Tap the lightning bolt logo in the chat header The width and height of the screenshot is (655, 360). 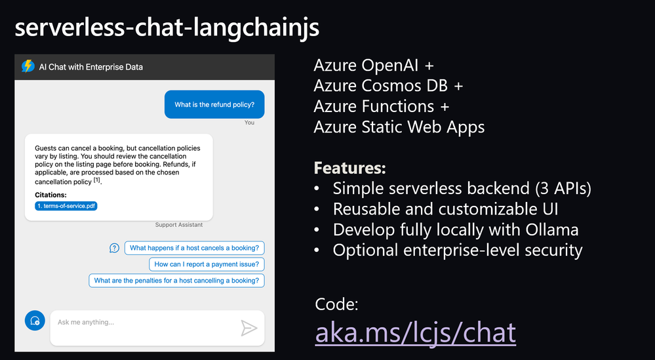point(28,66)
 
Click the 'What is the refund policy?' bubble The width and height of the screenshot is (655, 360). point(214,104)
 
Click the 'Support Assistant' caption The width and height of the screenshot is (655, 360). point(178,225)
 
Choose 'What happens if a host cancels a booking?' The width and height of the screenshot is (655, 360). point(194,248)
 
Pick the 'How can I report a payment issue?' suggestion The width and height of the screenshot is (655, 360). point(207,264)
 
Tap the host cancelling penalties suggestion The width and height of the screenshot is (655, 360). point(176,281)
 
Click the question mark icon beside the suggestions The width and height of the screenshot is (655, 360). point(114,248)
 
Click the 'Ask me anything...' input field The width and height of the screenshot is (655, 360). point(144,323)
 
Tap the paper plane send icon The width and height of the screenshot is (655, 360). point(248,328)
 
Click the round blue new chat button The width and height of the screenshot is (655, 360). point(33,321)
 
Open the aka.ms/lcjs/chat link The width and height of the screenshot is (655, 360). point(415,332)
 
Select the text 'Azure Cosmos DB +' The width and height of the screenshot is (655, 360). point(388,86)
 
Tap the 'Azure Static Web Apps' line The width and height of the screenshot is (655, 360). point(399,127)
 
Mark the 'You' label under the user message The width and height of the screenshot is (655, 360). point(249,123)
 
